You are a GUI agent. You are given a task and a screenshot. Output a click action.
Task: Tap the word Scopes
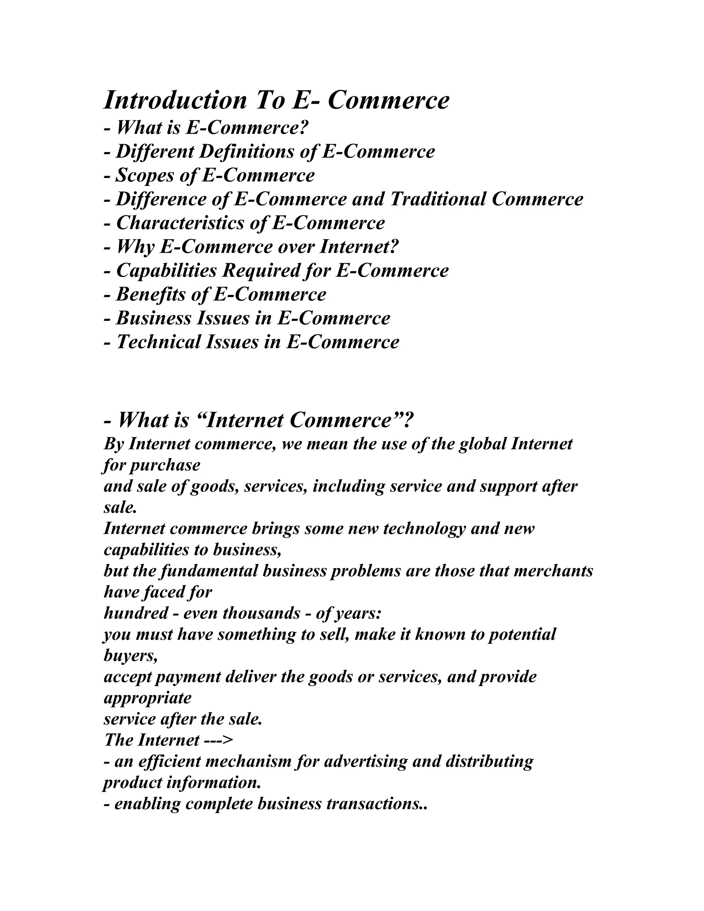[144, 175]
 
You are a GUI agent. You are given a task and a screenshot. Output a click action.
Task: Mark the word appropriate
[147, 697]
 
